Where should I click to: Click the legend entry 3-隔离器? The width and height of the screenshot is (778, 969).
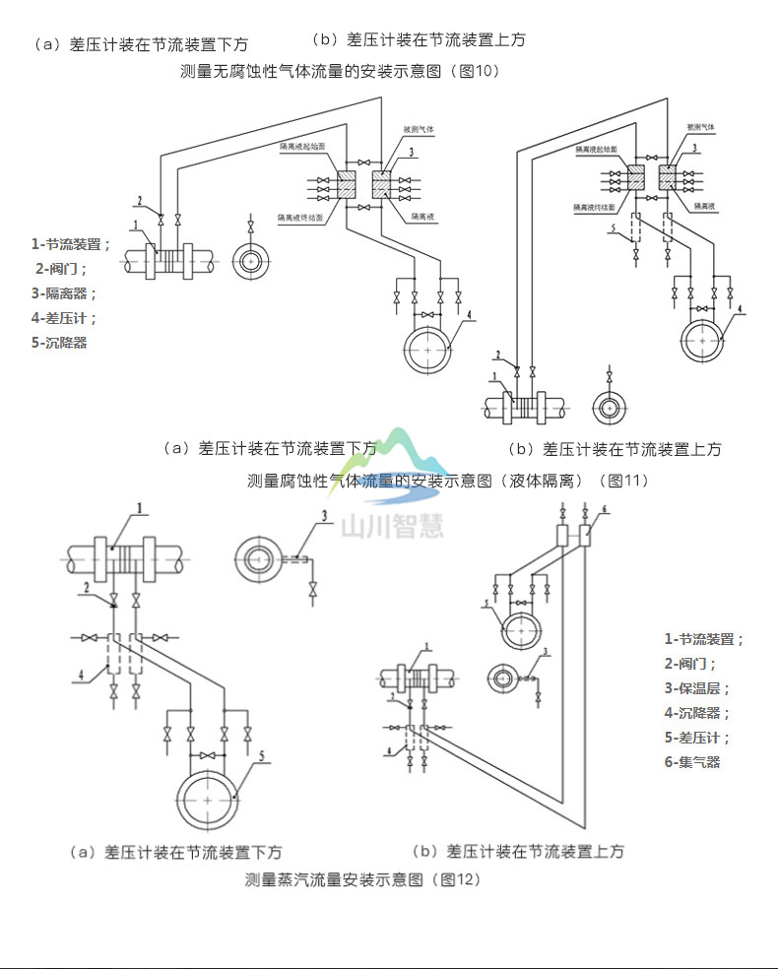(64, 292)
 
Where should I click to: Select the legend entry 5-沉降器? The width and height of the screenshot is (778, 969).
(59, 343)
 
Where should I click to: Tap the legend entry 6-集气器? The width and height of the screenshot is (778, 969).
(692, 762)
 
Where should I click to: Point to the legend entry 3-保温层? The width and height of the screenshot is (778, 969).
(697, 688)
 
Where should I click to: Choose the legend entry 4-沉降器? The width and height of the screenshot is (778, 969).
(697, 713)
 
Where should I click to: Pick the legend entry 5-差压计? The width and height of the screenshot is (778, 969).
(697, 738)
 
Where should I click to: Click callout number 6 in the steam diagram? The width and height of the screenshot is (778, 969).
(605, 509)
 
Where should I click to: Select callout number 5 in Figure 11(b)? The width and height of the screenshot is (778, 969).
(613, 228)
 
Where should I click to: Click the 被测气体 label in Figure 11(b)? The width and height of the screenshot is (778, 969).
(700, 128)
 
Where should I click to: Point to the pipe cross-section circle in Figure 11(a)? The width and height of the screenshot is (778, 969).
(250, 261)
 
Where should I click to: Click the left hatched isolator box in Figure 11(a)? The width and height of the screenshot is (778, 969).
(349, 182)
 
